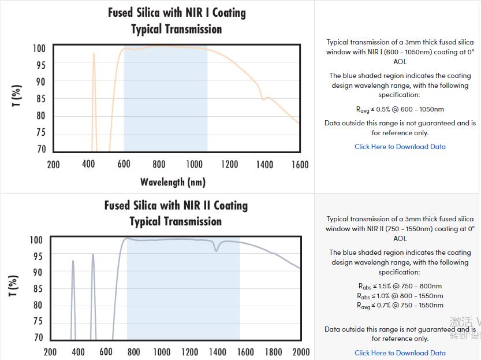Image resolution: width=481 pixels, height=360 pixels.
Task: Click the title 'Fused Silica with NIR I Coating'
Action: point(177,13)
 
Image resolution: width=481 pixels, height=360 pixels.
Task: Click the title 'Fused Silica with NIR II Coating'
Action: point(176,205)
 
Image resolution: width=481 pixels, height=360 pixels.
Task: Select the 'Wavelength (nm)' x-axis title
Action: point(173,182)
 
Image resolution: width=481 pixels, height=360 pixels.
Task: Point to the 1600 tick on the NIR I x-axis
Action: point(300,165)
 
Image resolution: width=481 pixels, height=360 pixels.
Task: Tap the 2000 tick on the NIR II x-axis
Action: point(301,352)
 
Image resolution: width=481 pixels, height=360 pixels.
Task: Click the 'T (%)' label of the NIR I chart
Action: point(17,96)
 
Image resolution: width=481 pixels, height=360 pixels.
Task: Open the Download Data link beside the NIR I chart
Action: point(400,147)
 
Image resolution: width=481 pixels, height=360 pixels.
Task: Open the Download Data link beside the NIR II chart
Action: point(400,352)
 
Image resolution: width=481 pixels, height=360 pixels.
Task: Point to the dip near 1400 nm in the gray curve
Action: point(217,248)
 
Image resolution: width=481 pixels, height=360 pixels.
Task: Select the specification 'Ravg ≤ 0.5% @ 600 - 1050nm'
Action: point(400,109)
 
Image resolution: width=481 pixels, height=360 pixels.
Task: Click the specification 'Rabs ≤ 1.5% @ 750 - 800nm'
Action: point(400,286)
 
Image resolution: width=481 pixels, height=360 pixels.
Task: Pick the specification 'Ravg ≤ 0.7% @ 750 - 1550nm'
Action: point(400,305)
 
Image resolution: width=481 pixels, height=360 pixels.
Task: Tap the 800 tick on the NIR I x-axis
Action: point(159,165)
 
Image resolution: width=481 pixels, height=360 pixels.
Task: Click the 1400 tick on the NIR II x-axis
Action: point(217,352)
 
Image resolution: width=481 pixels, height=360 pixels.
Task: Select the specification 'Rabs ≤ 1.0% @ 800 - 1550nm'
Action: point(400,295)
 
